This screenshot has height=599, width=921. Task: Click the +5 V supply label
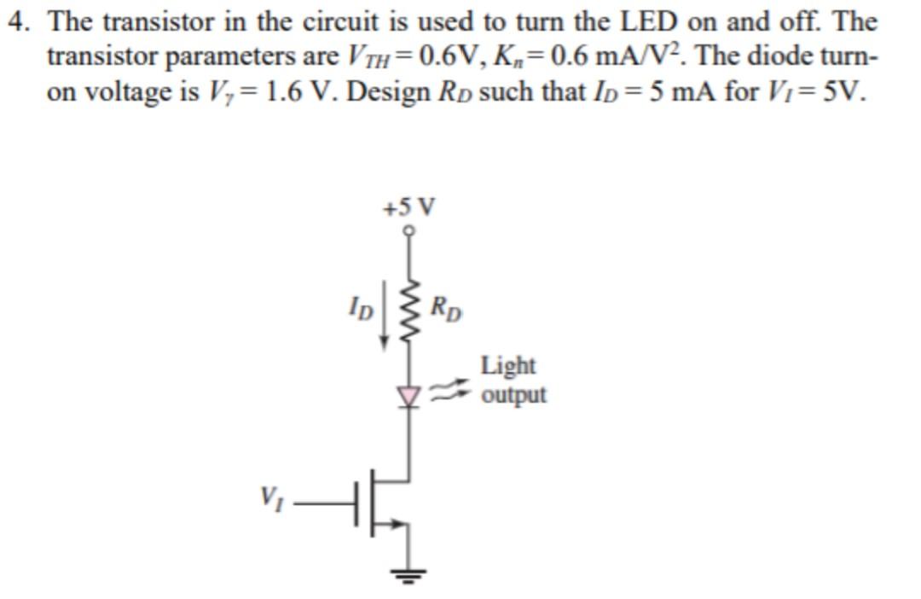409,207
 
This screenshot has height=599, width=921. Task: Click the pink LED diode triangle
410,394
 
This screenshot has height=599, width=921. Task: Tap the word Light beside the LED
508,366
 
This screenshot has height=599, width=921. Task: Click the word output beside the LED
513,395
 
